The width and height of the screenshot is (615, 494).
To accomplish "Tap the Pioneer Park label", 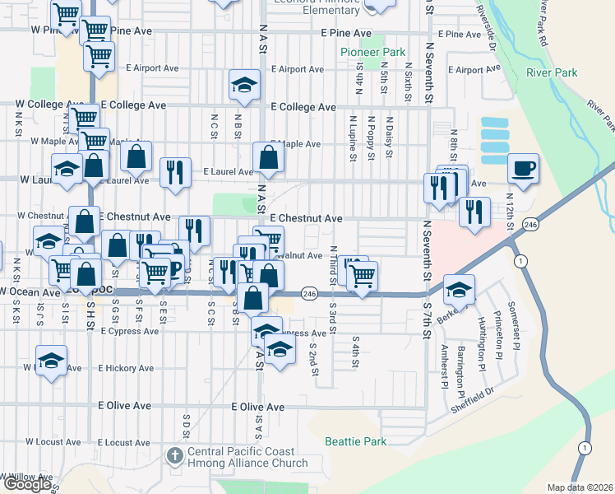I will point(373,52).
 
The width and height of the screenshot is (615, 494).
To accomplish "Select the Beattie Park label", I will point(355,441).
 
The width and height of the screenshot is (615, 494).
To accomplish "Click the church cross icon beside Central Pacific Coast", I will point(175,455).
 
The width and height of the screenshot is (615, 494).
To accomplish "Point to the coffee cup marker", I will point(523,170).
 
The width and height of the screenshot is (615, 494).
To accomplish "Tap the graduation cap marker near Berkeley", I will point(460,290).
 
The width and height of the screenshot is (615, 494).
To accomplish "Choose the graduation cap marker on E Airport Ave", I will point(243,86).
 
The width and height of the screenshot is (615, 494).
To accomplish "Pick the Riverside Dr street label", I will point(485,31).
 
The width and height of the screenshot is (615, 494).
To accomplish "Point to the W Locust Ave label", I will point(53,442).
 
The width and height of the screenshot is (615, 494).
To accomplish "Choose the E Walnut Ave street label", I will point(298,255).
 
